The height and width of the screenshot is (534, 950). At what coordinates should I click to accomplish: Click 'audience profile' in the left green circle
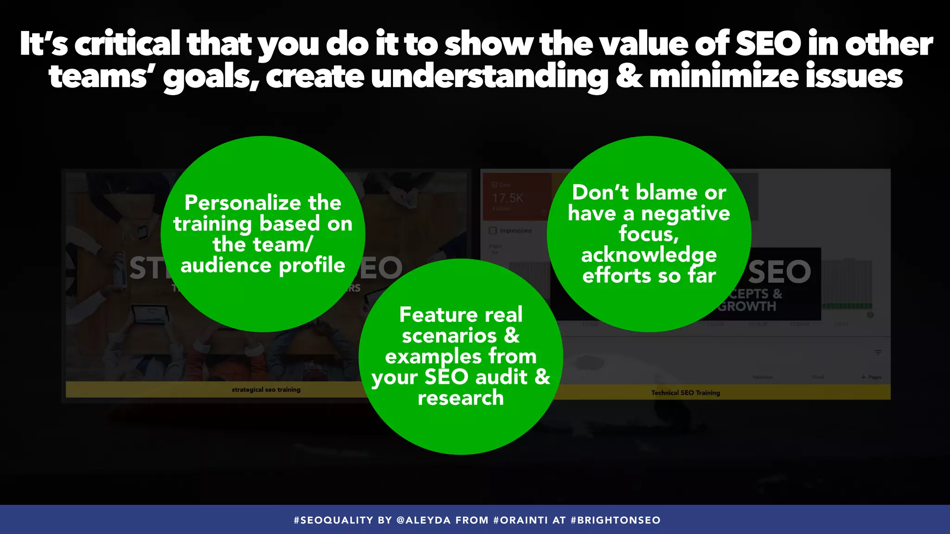263,266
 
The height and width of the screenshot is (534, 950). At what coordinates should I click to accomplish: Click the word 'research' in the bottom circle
460,398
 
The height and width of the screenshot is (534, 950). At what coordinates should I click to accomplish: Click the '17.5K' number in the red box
507,198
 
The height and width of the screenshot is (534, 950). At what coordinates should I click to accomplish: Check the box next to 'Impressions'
493,230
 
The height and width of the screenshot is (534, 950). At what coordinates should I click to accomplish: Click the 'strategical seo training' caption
266,390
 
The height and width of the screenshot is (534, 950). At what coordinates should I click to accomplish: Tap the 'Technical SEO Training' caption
685,393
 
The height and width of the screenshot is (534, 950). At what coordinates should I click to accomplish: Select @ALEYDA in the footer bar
424,520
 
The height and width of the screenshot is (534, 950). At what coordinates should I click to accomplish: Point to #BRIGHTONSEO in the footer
615,520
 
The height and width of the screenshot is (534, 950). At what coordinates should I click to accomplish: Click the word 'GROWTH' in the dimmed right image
747,306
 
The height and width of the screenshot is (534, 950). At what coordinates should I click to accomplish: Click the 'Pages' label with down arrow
872,377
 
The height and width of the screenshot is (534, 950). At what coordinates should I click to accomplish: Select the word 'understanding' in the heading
489,76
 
